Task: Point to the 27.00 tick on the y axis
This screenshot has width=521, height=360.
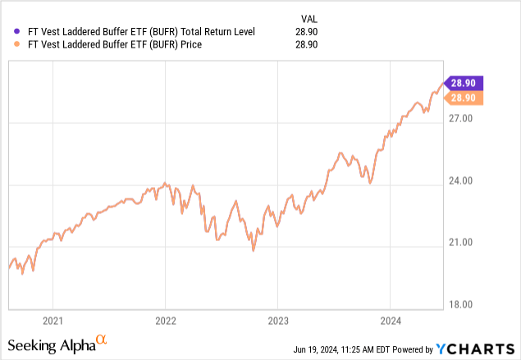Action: click(x=464, y=119)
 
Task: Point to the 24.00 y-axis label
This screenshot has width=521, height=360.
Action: click(x=464, y=181)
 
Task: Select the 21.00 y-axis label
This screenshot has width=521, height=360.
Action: click(x=464, y=243)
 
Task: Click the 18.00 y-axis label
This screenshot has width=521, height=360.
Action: click(x=464, y=304)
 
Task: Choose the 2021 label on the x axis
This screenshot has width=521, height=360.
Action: click(x=53, y=320)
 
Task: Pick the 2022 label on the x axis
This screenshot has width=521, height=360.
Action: click(x=165, y=320)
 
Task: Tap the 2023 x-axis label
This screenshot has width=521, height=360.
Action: click(x=277, y=320)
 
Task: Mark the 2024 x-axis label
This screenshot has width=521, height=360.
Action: click(x=390, y=320)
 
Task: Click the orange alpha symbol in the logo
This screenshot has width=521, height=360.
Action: click(x=102, y=339)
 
